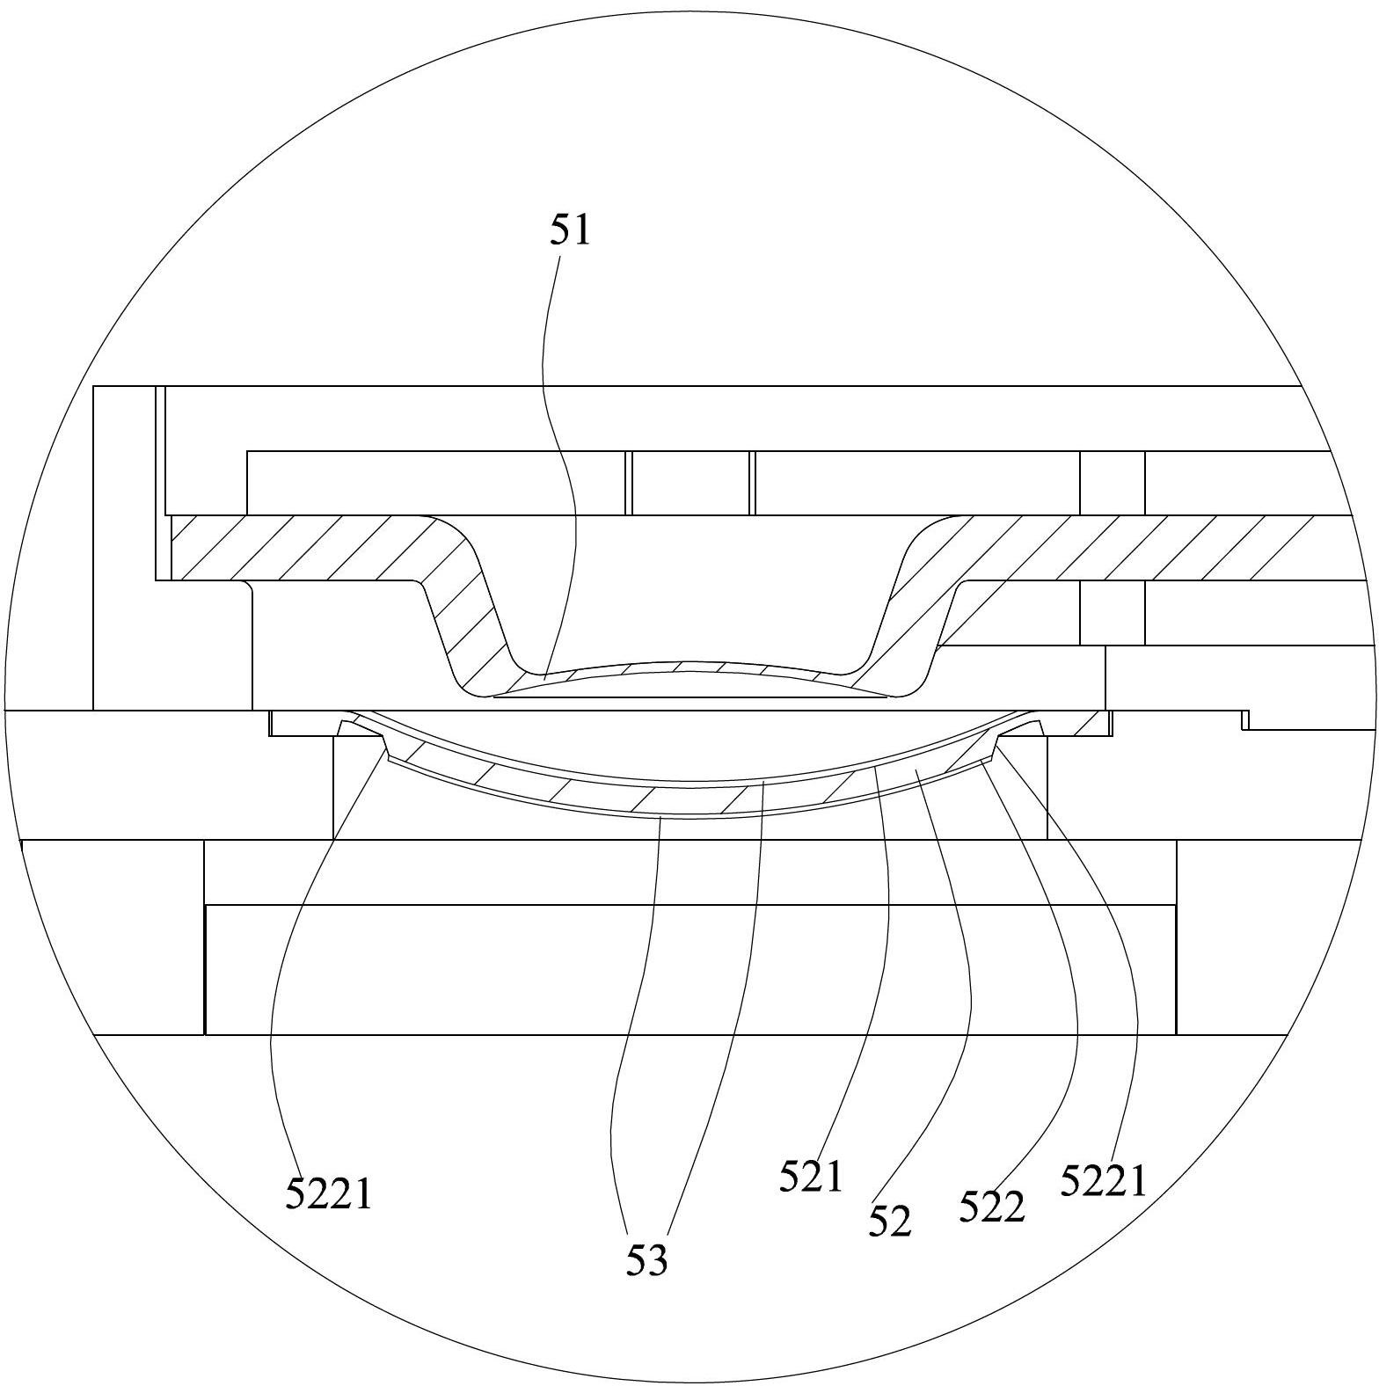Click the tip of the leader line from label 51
pos(544,679)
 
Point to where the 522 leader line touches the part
pos(982,762)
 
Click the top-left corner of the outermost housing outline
pos(93,386)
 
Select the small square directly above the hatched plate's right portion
pos(1113,483)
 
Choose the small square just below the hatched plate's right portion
pos(1113,613)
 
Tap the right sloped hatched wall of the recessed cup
pos(915,616)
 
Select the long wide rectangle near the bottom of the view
pos(690,969)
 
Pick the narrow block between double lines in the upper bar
pos(690,483)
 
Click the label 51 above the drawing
pos(571,231)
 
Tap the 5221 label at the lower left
pos(329,1194)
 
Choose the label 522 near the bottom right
pos(992,1207)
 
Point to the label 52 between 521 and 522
pos(890,1222)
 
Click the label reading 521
pos(811,1177)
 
